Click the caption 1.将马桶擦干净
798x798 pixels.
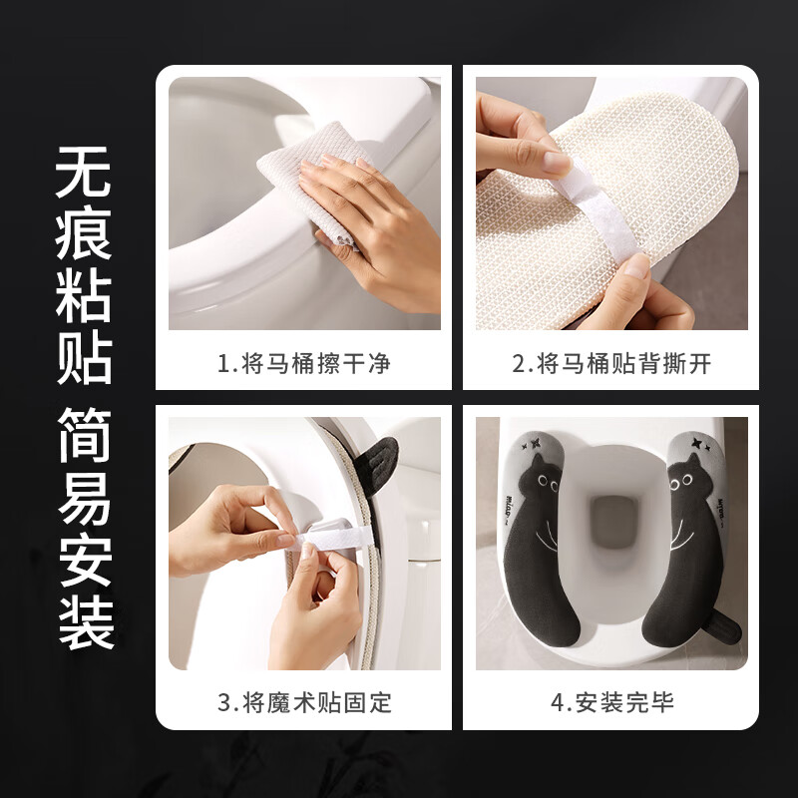(x=303, y=364)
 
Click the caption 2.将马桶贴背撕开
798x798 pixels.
(x=611, y=364)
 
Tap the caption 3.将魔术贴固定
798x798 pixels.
(x=303, y=702)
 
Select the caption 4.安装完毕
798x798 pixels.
(x=611, y=702)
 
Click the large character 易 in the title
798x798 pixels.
(x=84, y=498)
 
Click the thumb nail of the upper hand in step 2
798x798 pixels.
(x=555, y=160)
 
